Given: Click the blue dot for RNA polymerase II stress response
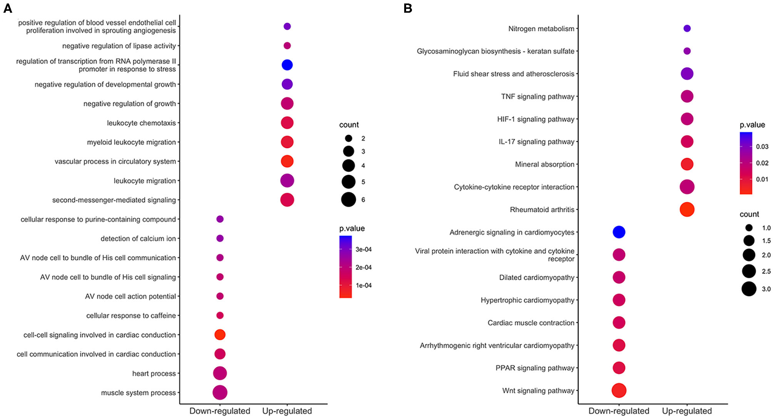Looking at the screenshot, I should coord(287,65).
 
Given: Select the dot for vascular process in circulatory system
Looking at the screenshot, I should coord(287,161).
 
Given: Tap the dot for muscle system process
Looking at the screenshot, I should coord(220,393).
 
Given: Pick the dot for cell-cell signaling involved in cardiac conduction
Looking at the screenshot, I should coord(220,334).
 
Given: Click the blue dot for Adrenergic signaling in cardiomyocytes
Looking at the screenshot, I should coord(619,232).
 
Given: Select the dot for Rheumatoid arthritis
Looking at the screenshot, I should coord(687,209).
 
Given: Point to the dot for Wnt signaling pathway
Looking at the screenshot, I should coord(619,390).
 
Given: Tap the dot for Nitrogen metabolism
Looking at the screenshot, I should coord(687,28).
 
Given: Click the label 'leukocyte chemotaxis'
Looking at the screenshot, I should coord(141,123).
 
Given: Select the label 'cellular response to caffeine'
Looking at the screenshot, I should coord(131,316).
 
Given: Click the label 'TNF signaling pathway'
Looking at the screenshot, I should coord(537,96).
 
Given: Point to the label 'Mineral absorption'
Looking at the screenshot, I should coord(544,164).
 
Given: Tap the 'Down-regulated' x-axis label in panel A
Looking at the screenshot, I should coord(220,411).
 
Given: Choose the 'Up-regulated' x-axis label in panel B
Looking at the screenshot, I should coord(687,411).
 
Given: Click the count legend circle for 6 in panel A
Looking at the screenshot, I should coord(348,200).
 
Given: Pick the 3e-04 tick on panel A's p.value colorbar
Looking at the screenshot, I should coord(363,249).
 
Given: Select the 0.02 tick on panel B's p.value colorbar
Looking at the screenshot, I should coord(762,163).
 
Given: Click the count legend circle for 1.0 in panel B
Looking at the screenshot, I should coord(749,228).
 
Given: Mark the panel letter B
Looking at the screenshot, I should coord(408,8).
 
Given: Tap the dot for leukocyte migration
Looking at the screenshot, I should coord(287,180).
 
